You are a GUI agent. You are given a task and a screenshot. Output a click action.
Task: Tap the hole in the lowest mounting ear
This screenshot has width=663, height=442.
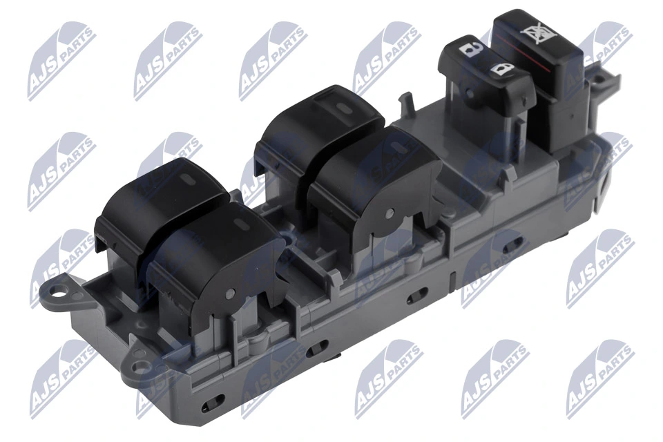[140, 368]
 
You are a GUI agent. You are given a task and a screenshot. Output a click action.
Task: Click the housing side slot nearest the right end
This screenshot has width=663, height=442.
[513, 247]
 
